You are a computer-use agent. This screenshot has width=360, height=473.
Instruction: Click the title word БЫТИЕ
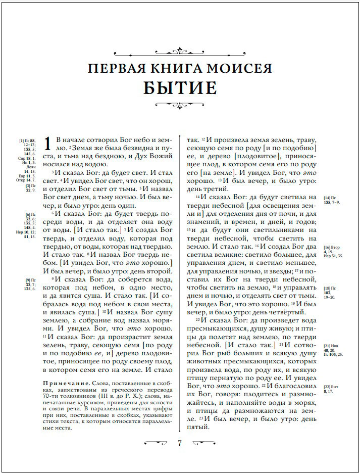180,88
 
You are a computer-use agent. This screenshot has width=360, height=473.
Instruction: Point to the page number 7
180,443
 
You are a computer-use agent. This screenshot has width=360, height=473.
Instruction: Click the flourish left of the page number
156,443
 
